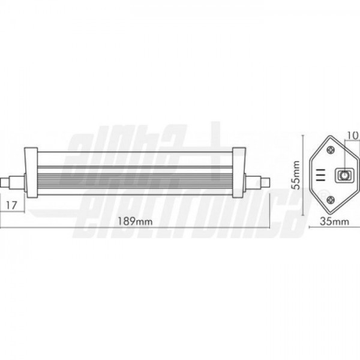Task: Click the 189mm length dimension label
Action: coord(135,221)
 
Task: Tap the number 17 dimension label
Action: coord(11,205)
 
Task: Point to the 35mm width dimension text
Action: coord(335,222)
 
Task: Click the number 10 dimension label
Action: coord(353,136)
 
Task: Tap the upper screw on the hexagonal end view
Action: coord(331,151)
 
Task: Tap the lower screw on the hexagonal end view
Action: coord(331,200)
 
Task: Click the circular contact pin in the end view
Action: coord(344,176)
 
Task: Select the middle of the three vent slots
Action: coord(320,175)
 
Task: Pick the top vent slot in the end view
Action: coord(320,170)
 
